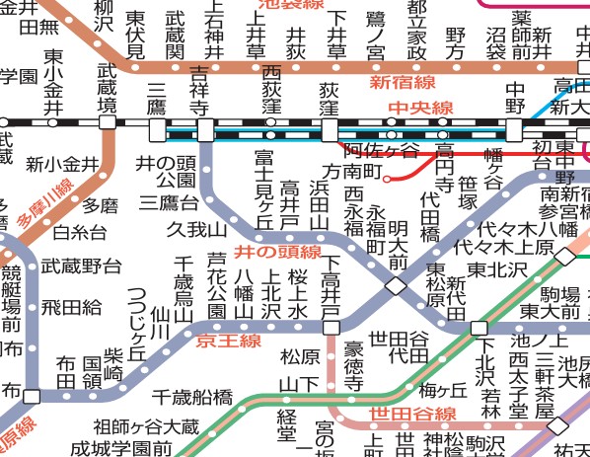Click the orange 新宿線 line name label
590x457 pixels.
401,82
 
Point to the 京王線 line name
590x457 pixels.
228,341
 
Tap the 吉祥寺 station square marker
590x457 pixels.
205,130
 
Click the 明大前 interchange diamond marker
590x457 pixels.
396,286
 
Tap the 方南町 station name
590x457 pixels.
352,170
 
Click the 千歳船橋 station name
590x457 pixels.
191,398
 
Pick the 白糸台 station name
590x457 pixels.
79,233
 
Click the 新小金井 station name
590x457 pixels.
62,165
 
